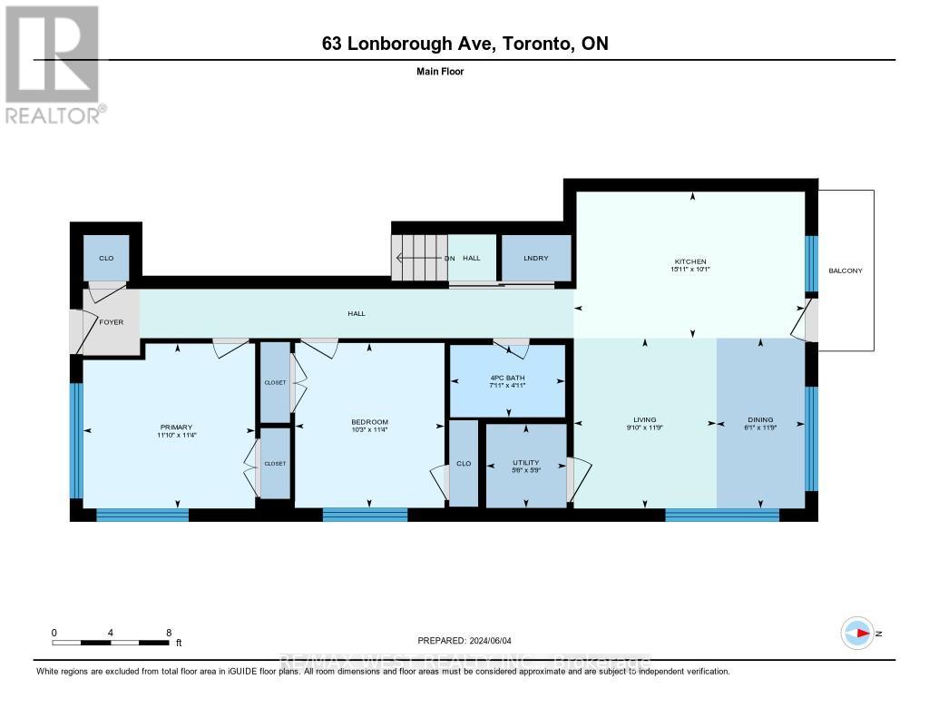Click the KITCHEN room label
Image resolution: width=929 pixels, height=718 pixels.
(690, 261)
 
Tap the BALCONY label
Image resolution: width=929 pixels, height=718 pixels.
(845, 270)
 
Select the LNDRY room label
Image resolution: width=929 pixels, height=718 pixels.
(536, 259)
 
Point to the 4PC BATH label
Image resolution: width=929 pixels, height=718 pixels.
(507, 378)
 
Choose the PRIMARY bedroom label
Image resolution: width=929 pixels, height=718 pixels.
(176, 426)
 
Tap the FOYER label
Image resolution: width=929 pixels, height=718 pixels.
(112, 322)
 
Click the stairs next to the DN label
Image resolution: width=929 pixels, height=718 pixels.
(417, 258)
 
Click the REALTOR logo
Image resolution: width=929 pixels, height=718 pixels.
(54, 64)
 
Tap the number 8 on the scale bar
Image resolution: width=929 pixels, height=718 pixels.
(170, 632)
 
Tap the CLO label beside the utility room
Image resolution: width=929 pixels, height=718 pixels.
(464, 464)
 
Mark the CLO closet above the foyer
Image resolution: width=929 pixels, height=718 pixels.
(105, 259)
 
